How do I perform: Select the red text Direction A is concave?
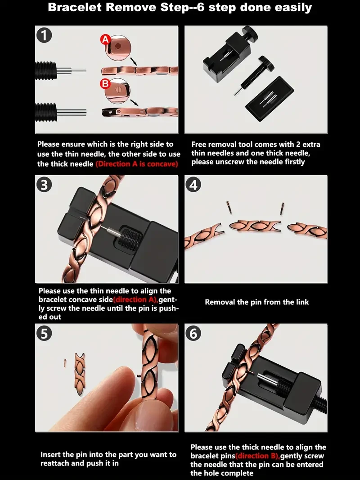click(x=137, y=164)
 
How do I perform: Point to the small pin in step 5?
click(x=65, y=361)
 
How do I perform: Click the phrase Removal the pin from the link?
click(x=257, y=302)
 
